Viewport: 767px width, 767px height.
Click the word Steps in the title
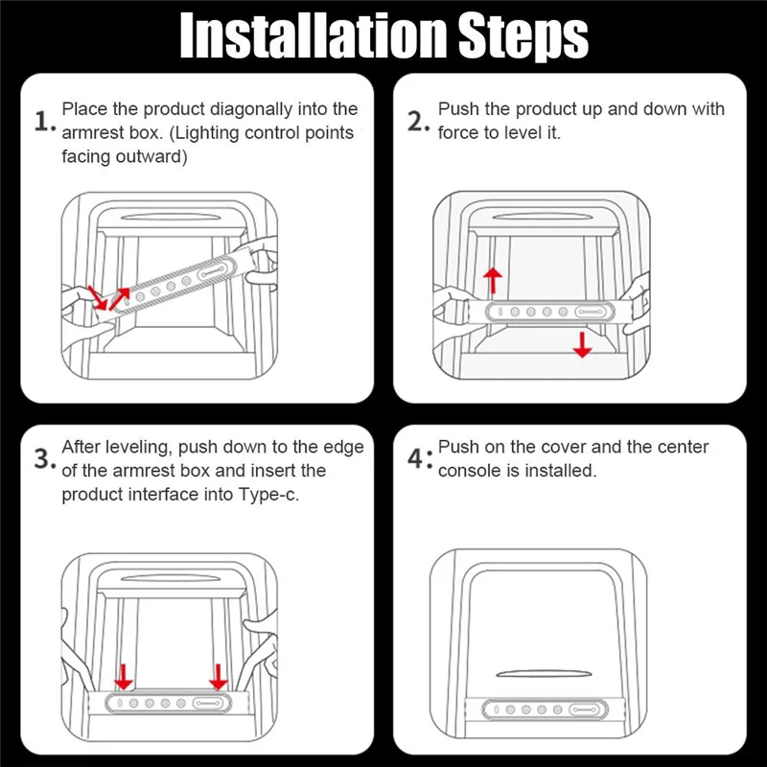pyautogui.click(x=523, y=37)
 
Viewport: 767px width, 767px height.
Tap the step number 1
pyautogui.click(x=44, y=122)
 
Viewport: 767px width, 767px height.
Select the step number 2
pyautogui.click(x=418, y=122)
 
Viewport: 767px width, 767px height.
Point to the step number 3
pyautogui.click(x=44, y=459)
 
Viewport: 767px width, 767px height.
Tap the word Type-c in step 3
pyautogui.click(x=268, y=495)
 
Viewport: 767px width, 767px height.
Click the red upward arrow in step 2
pyautogui.click(x=493, y=281)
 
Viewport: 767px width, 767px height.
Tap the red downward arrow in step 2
pyautogui.click(x=582, y=344)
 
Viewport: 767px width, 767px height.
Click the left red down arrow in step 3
pyautogui.click(x=124, y=677)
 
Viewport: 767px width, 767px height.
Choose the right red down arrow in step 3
pyautogui.click(x=219, y=677)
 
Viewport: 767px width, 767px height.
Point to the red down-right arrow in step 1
pyautogui.click(x=97, y=298)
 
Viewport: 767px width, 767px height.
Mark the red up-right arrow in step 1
pyautogui.click(x=119, y=298)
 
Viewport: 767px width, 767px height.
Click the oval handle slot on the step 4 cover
pyautogui.click(x=544, y=674)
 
